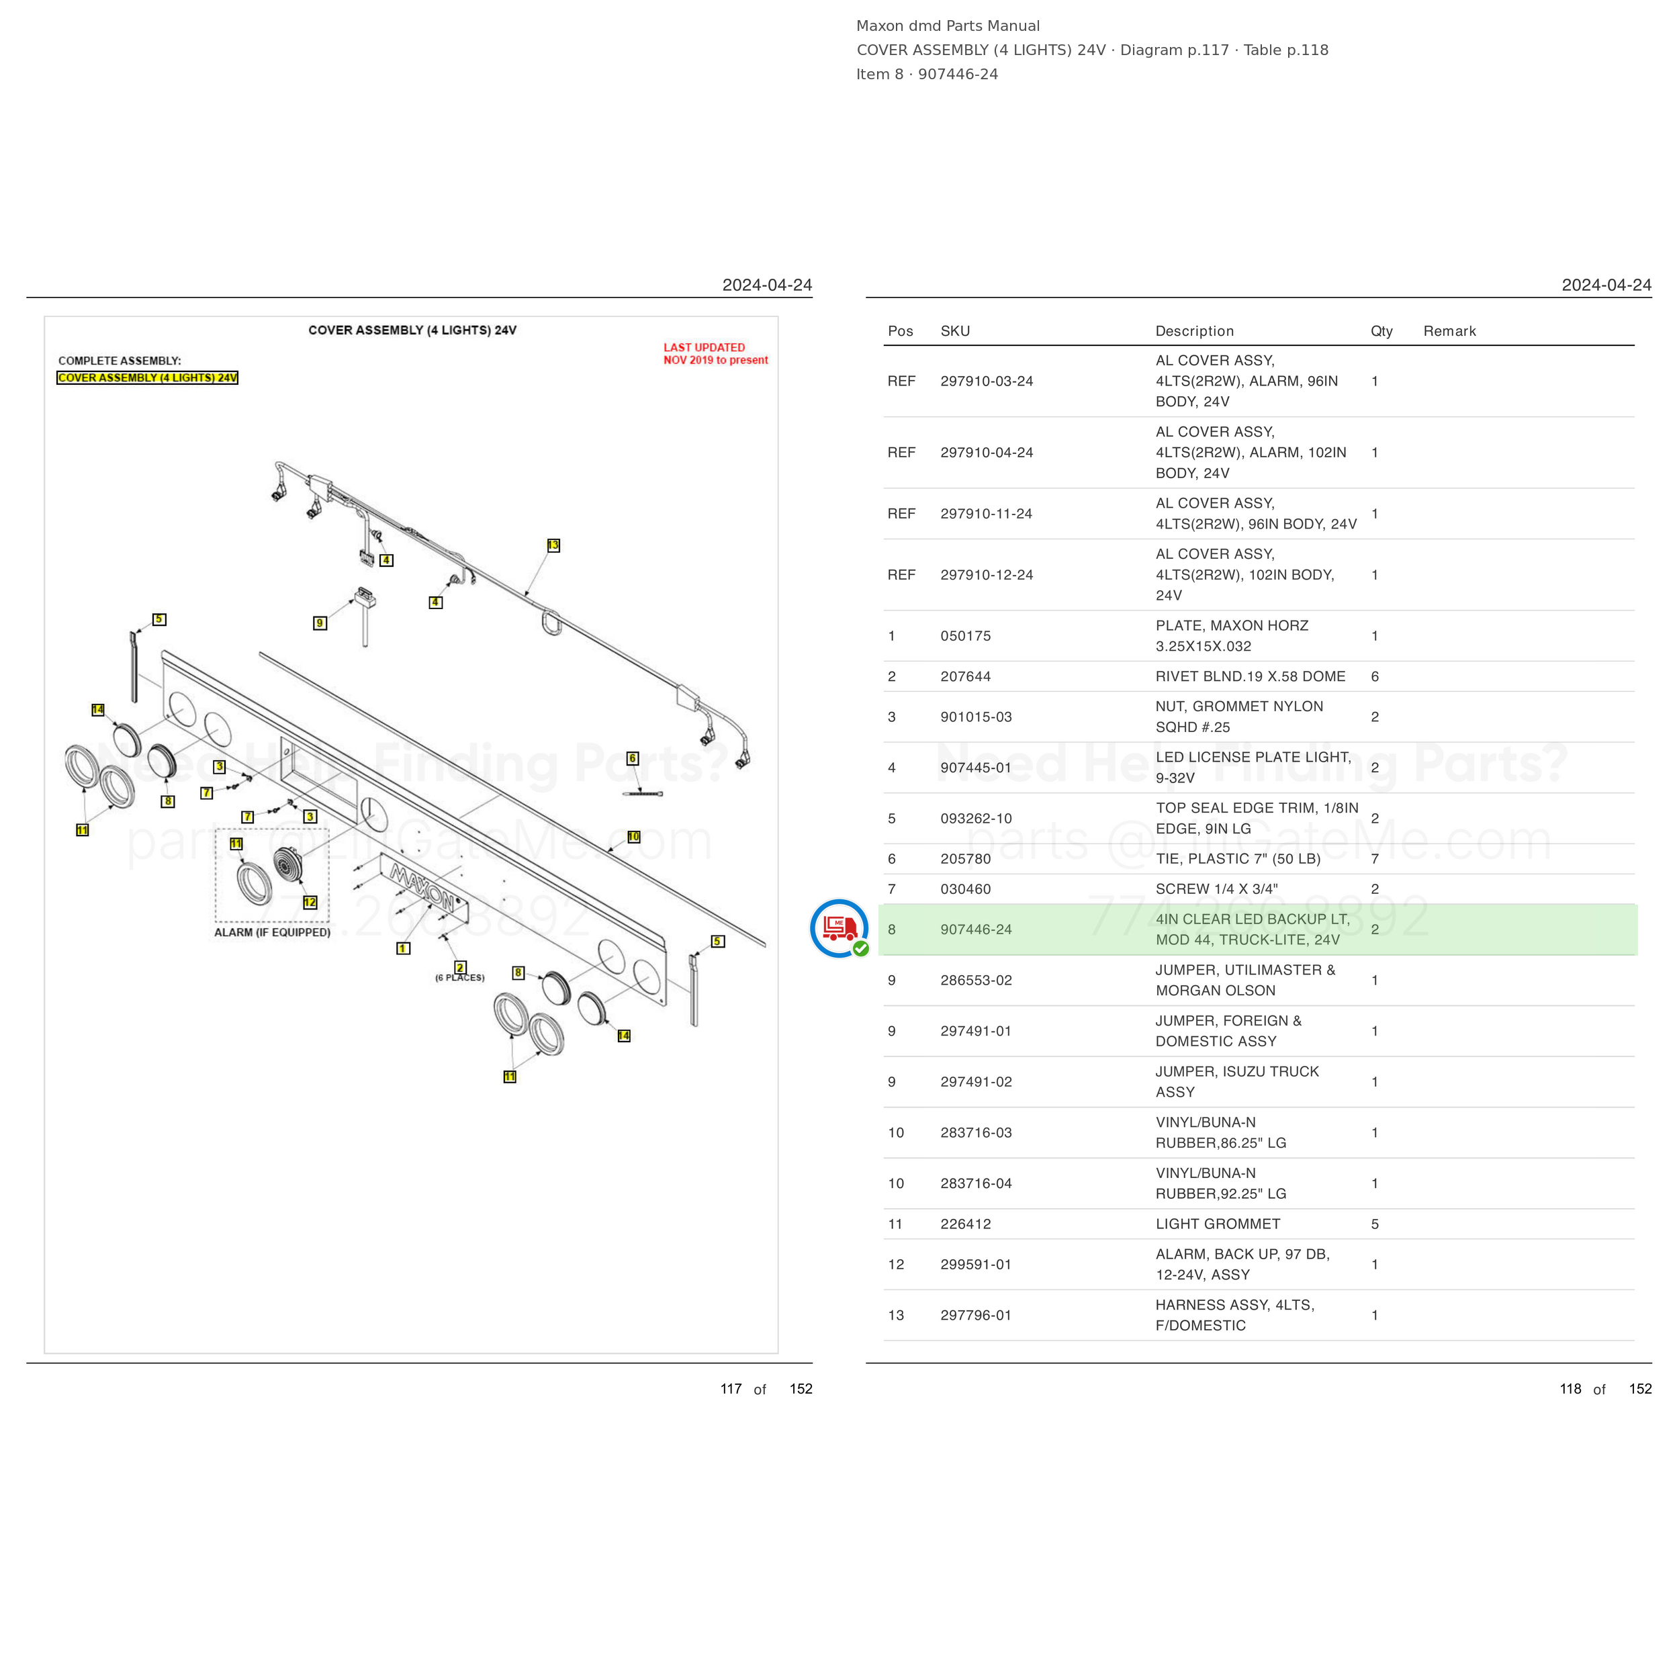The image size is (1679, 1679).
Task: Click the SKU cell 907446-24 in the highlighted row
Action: click(x=976, y=929)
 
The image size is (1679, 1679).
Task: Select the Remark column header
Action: click(x=1449, y=331)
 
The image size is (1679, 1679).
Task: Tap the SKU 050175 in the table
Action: click(x=966, y=636)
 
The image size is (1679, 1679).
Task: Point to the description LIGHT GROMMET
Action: click(x=1218, y=1224)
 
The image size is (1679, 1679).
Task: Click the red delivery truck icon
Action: click(x=839, y=927)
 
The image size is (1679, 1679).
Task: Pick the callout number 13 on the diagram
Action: click(x=553, y=545)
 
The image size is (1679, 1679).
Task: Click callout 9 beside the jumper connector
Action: click(x=320, y=623)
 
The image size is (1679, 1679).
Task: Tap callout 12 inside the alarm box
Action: click(x=310, y=902)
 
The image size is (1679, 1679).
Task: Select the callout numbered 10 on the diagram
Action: click(x=633, y=837)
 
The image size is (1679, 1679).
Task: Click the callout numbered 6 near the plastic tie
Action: click(x=633, y=758)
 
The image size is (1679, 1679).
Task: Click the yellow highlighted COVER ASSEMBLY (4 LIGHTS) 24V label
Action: click(x=148, y=378)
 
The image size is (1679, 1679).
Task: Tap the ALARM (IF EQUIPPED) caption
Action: click(x=272, y=932)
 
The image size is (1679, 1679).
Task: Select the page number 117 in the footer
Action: click(x=731, y=1389)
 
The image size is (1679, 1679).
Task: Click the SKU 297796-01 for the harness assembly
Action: click(x=976, y=1315)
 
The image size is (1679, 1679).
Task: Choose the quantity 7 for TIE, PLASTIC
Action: click(x=1375, y=858)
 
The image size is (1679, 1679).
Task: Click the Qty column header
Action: click(x=1381, y=331)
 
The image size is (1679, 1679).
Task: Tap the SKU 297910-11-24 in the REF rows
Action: click(x=987, y=514)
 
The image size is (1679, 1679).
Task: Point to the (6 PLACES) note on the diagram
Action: click(x=460, y=978)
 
